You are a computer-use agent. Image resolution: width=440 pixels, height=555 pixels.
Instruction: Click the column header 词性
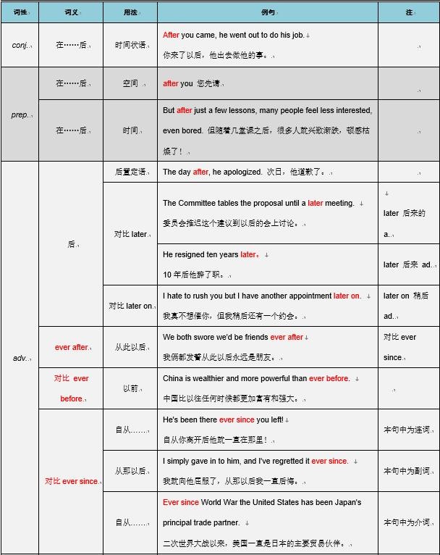click(20, 12)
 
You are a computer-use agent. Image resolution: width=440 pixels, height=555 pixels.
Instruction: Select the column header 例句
click(267, 12)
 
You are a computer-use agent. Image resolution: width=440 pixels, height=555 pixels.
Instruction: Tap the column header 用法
click(130, 12)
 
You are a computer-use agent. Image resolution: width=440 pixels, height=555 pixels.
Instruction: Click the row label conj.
click(20, 45)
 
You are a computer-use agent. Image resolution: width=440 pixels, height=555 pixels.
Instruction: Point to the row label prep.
click(20, 114)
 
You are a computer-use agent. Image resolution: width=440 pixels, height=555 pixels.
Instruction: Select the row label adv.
click(20, 358)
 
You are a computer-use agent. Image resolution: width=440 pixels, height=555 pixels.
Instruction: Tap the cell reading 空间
click(130, 83)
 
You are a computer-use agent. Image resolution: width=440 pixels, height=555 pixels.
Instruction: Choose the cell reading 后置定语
click(131, 172)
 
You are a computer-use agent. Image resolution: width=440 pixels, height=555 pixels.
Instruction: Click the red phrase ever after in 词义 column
click(71, 347)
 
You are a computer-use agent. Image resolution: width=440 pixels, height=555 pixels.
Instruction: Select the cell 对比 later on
click(130, 306)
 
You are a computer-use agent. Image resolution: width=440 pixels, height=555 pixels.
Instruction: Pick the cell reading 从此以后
click(130, 347)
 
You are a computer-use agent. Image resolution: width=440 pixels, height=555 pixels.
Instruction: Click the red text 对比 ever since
click(71, 481)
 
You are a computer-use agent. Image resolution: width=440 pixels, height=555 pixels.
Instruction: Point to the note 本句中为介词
click(407, 522)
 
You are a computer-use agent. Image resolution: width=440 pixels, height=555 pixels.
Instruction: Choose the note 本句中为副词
click(407, 471)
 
